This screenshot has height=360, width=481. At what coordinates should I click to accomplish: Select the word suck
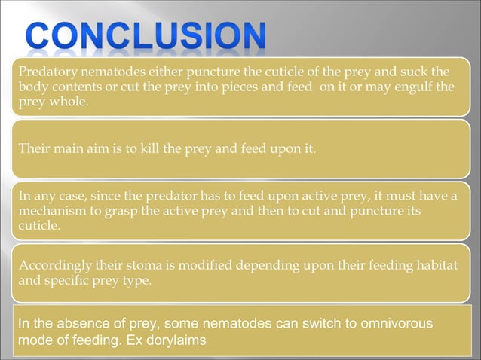(x=423, y=72)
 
